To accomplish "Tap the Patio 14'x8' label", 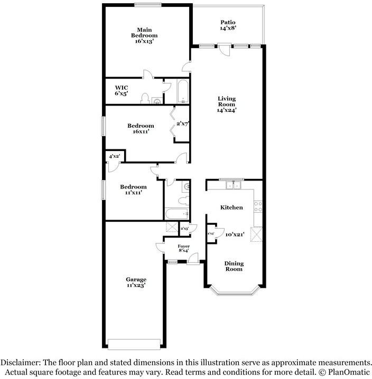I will click(x=228, y=25).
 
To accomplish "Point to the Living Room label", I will click(x=226, y=104).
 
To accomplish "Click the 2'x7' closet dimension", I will click(x=182, y=123).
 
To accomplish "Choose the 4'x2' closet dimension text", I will click(x=115, y=157).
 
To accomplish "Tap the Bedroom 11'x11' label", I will click(x=133, y=189).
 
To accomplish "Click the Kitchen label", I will click(x=231, y=207).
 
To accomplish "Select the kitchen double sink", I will click(x=232, y=185).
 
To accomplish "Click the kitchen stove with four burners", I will click(x=258, y=206).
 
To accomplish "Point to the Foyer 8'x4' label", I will click(x=183, y=248).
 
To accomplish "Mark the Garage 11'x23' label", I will click(x=136, y=282).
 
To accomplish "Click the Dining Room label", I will click(x=234, y=266).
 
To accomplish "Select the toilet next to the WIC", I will click(x=145, y=98).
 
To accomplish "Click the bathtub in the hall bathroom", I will click(x=175, y=214).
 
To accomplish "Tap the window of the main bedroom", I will click(x=147, y=5).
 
